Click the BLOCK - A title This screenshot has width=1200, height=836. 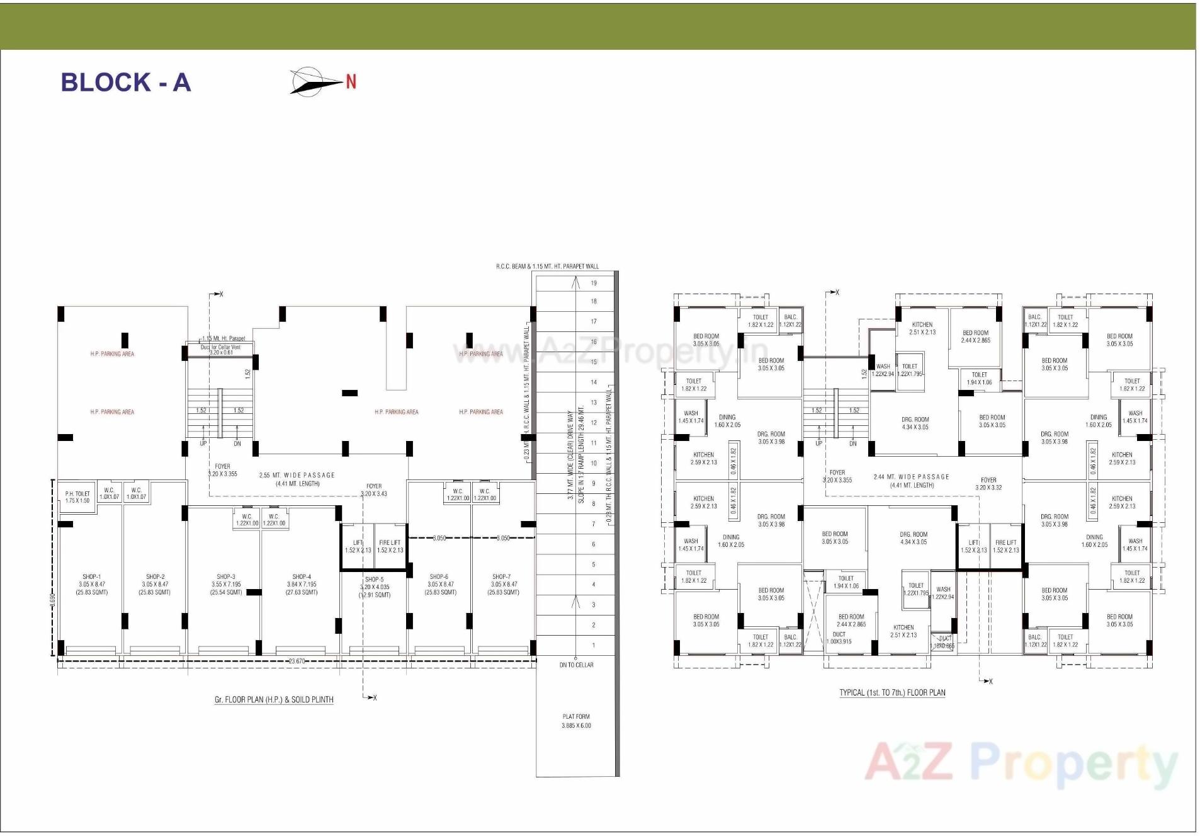[x=125, y=83]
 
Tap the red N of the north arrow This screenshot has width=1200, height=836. [x=351, y=81]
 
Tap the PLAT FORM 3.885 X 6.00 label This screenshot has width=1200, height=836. [x=576, y=721]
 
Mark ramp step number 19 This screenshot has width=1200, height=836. [x=594, y=283]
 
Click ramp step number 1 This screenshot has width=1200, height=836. [x=594, y=645]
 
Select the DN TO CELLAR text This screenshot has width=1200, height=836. [x=576, y=665]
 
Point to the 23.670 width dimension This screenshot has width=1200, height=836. [x=297, y=661]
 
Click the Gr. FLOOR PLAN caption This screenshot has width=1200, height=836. [x=274, y=699]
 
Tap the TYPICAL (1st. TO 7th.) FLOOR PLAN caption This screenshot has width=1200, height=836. [x=892, y=692]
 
